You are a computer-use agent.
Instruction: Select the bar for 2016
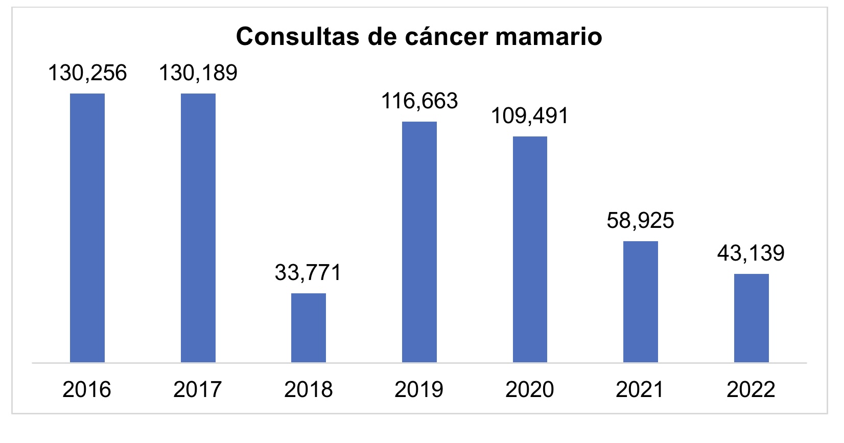pos(87,228)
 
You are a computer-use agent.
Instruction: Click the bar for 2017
pos(198,228)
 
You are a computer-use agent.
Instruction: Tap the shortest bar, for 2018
pos(309,328)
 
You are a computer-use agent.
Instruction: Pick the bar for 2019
pos(419,242)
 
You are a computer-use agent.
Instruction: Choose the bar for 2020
pos(530,249)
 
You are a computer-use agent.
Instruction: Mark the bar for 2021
pos(641,301)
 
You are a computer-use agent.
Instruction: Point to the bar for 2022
pos(751,318)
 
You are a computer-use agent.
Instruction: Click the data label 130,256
pos(87,73)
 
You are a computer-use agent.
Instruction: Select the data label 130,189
pos(198,73)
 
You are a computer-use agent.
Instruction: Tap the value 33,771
pos(308,272)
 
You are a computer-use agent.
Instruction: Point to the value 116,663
pos(419,101)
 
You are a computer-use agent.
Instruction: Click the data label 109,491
pos(530,116)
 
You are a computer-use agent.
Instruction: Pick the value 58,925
pos(641,221)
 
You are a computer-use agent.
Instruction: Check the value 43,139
pos(751,253)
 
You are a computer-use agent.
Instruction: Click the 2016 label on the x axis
pos(87,390)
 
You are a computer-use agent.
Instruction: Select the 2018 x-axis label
pos(309,390)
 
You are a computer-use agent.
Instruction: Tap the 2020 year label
pos(530,390)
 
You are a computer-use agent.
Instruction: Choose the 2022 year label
pos(751,390)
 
